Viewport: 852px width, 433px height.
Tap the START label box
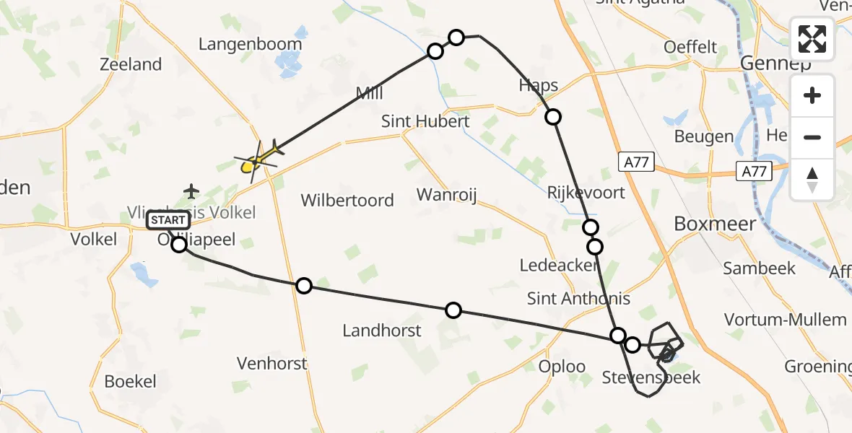169,219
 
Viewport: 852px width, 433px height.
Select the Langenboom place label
250,44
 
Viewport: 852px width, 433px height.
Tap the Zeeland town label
131,64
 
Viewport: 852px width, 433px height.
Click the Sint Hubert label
425,121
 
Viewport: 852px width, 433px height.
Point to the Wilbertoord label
347,200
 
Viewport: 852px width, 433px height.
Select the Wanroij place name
448,194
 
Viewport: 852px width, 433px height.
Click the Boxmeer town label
715,224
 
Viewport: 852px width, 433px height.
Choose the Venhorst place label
272,364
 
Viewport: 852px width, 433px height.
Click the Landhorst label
382,331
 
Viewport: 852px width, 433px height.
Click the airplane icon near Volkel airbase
191,191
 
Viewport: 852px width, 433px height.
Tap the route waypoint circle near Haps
553,117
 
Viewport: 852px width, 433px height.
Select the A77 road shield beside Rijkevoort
636,164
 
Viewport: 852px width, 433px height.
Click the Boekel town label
130,381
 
